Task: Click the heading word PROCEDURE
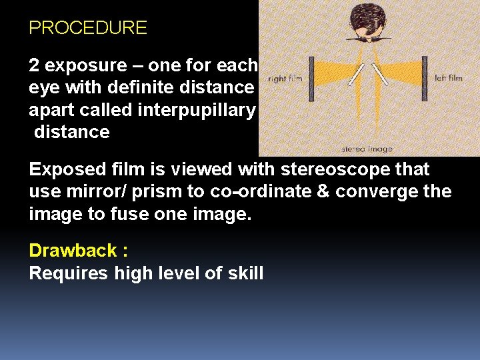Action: pyautogui.click(x=88, y=28)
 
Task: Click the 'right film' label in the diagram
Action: pyautogui.click(x=286, y=79)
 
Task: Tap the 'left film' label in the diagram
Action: pyautogui.click(x=448, y=78)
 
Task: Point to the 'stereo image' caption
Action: pyautogui.click(x=367, y=149)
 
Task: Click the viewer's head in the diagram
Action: pyautogui.click(x=365, y=23)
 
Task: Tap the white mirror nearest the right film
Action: pyautogui.click(x=357, y=77)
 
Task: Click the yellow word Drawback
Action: pyautogui.click(x=72, y=251)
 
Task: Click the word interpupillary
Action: pyautogui.click(x=196, y=110)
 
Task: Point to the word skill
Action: pyautogui.click(x=245, y=273)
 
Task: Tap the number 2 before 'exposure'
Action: pyautogui.click(x=34, y=66)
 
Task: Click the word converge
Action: pyautogui.click(x=370, y=193)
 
